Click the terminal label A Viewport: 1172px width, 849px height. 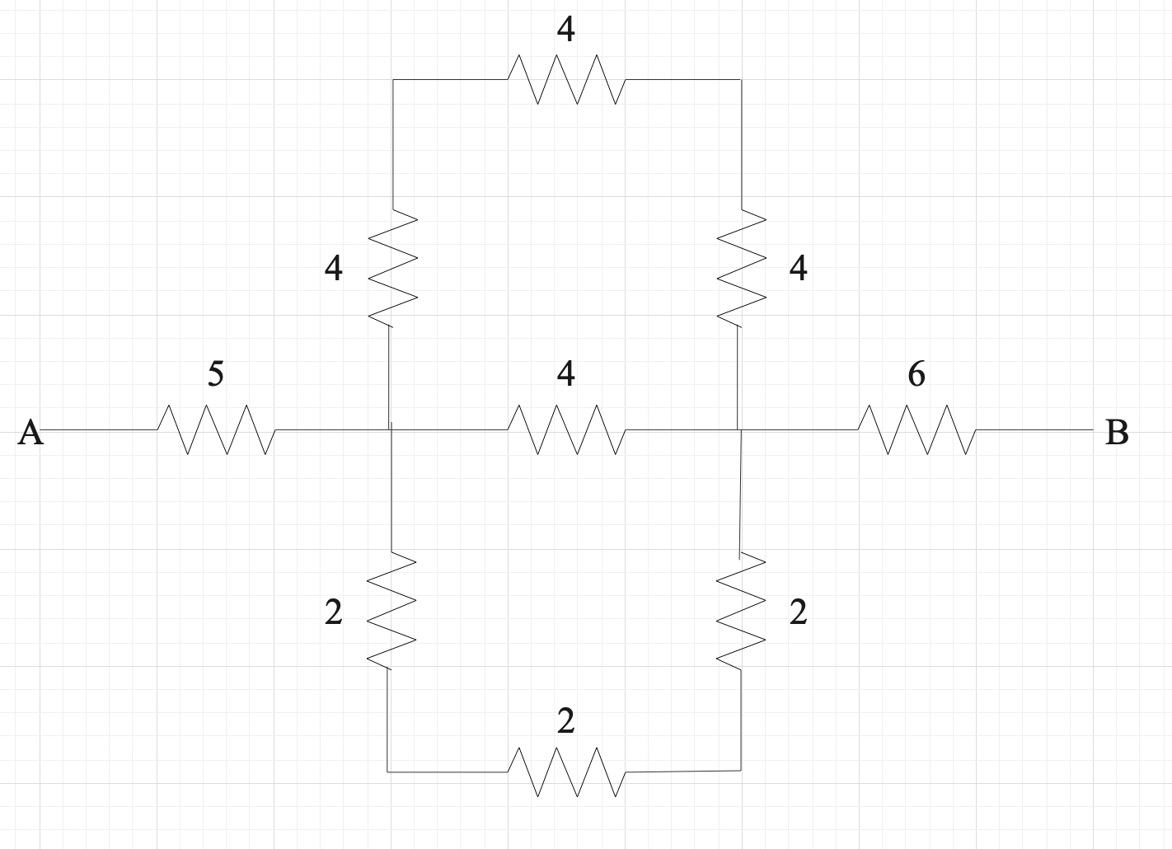[30, 432]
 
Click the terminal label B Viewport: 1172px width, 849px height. [1116, 432]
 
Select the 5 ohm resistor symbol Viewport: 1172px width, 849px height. [217, 429]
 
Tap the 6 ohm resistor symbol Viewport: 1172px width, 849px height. [917, 429]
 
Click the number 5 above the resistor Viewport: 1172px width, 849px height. [215, 374]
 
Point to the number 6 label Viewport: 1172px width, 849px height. [916, 374]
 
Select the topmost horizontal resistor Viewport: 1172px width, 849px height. [566, 79]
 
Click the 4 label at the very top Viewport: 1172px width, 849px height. [565, 30]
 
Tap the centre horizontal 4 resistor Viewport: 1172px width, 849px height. [566, 429]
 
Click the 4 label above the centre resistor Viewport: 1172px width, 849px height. [565, 374]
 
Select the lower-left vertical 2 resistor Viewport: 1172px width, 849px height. [391, 610]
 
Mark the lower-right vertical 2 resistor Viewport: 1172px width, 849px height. [741, 610]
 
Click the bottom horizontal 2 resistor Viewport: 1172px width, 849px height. [566, 772]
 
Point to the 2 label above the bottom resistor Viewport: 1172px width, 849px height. [565, 721]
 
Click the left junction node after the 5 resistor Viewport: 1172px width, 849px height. [391, 429]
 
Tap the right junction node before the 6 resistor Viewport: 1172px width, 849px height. [739, 429]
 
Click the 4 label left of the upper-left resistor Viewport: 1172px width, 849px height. [333, 269]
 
